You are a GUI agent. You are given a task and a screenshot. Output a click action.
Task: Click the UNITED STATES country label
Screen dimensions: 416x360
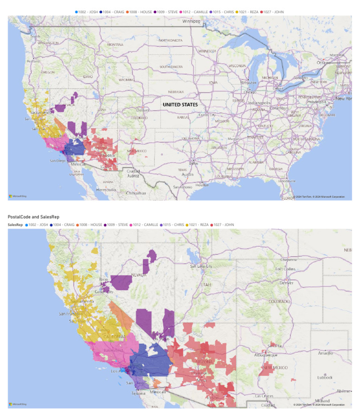pos(180,104)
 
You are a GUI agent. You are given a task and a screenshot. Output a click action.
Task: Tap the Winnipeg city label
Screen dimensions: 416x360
pos(191,22)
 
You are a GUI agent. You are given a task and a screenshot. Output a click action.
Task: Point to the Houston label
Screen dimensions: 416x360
pos(202,185)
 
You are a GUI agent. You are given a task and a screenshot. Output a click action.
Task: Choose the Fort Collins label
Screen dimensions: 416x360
pos(287,269)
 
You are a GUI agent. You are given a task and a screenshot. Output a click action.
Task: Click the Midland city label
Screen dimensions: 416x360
pos(323,401)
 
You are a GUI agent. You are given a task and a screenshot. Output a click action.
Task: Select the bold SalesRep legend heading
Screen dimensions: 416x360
pos(15,225)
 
